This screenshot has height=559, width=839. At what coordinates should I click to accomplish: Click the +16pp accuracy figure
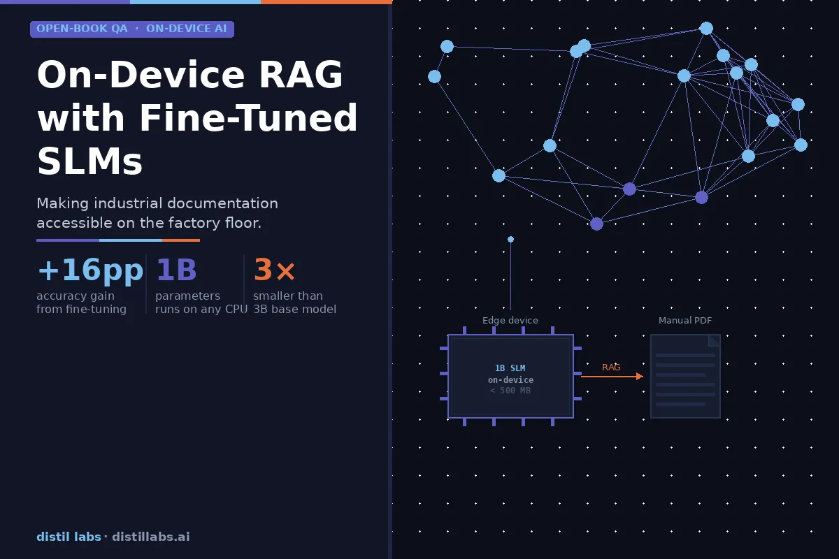[x=89, y=270]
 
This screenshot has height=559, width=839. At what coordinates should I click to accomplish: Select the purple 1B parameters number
[x=176, y=270]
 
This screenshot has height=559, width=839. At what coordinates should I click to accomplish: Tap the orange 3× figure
[x=274, y=270]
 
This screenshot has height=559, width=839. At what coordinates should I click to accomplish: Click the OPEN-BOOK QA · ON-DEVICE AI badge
[x=132, y=29]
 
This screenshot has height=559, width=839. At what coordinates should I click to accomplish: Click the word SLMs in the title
[x=89, y=162]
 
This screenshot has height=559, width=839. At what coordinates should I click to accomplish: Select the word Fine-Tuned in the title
[x=248, y=119]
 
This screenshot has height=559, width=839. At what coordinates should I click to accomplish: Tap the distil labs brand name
[x=69, y=537]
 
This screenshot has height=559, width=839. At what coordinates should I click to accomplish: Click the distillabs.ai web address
[x=150, y=537]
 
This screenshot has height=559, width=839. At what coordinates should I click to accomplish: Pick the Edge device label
[x=510, y=321]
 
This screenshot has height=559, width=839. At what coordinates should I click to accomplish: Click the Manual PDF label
[x=685, y=321]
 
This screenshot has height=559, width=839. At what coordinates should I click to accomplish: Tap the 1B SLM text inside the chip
[x=510, y=368]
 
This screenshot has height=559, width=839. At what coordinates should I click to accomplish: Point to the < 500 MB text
[x=510, y=391]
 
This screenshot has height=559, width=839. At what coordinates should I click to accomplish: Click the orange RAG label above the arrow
[x=611, y=368]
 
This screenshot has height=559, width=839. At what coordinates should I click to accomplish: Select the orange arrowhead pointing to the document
[x=639, y=377]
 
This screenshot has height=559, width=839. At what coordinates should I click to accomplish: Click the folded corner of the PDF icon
[x=715, y=340]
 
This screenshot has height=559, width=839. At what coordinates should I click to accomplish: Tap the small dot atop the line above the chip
[x=510, y=240]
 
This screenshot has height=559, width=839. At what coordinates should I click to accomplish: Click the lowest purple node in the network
[x=596, y=224]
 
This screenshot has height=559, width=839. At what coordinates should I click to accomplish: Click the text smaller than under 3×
[x=288, y=296]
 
